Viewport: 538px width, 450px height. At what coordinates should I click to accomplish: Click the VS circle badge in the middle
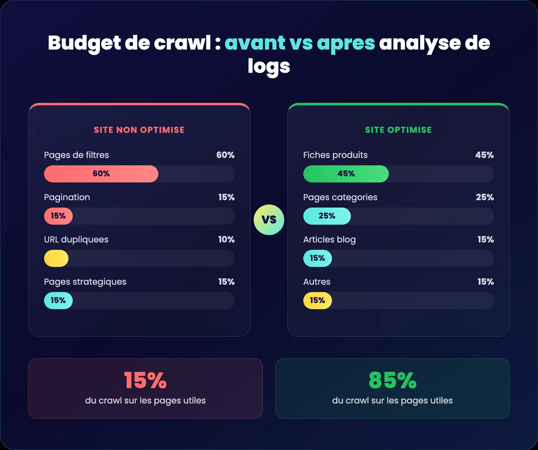269,220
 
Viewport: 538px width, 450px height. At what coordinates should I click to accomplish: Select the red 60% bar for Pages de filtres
101,174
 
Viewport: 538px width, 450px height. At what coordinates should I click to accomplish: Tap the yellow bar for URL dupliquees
56,258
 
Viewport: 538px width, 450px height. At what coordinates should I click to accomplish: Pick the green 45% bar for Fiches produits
346,174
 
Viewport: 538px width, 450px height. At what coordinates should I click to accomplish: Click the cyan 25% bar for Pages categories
327,216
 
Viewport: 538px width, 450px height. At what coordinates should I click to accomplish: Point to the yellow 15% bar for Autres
317,300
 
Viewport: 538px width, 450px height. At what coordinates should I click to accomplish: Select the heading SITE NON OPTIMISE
139,130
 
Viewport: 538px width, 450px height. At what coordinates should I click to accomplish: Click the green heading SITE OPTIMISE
398,130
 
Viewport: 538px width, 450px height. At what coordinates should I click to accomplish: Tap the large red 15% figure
145,380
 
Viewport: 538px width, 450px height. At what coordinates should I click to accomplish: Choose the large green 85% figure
392,380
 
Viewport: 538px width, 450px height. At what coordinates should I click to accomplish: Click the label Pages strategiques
85,282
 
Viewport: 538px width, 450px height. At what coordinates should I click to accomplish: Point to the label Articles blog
330,239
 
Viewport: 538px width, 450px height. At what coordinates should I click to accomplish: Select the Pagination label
67,197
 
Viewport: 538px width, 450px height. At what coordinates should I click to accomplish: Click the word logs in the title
269,66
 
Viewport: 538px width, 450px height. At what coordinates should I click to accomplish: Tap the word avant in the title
255,43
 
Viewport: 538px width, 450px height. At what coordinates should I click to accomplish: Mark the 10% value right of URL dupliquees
226,239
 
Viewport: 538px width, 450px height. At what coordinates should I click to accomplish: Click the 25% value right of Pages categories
485,197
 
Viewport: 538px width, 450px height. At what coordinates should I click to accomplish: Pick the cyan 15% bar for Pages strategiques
58,300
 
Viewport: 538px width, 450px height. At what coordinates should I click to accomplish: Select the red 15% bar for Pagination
58,216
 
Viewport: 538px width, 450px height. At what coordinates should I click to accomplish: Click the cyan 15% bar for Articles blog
317,258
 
